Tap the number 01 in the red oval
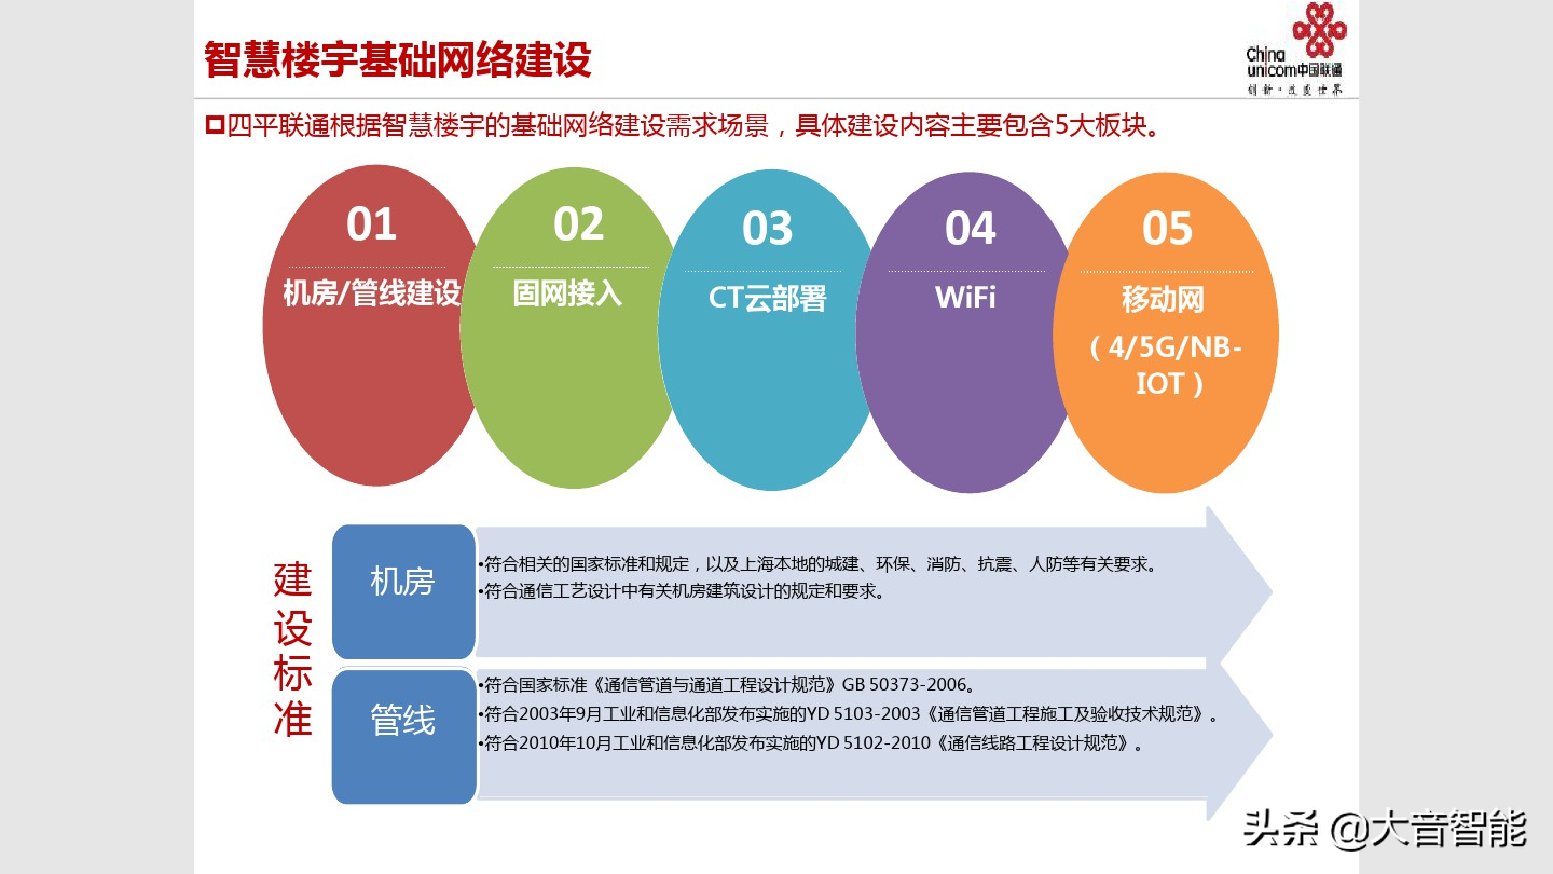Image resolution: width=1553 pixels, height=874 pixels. tap(371, 224)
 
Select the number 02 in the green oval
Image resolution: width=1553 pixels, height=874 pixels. tap(578, 224)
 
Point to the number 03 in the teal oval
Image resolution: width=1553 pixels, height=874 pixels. tap(767, 228)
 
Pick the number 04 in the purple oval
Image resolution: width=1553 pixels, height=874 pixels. tap(970, 228)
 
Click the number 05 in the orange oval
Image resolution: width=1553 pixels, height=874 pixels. tap(1167, 228)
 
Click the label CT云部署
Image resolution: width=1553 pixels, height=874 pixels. tap(767, 297)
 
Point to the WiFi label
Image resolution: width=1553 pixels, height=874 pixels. tap(965, 297)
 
